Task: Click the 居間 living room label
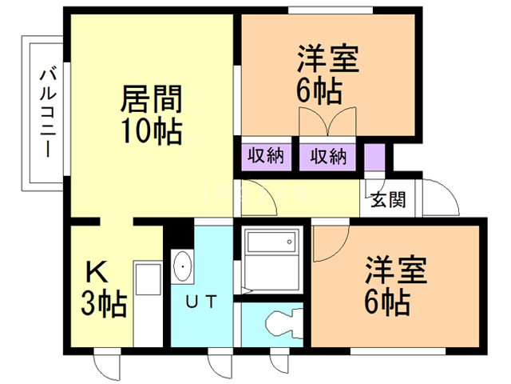pos(151,99)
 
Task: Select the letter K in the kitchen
pos(99,274)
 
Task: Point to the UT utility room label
pos(200,302)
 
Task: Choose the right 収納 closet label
pos(328,155)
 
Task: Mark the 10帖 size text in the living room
pos(151,130)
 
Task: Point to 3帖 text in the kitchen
pos(104,304)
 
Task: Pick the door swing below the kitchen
pos(106,366)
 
